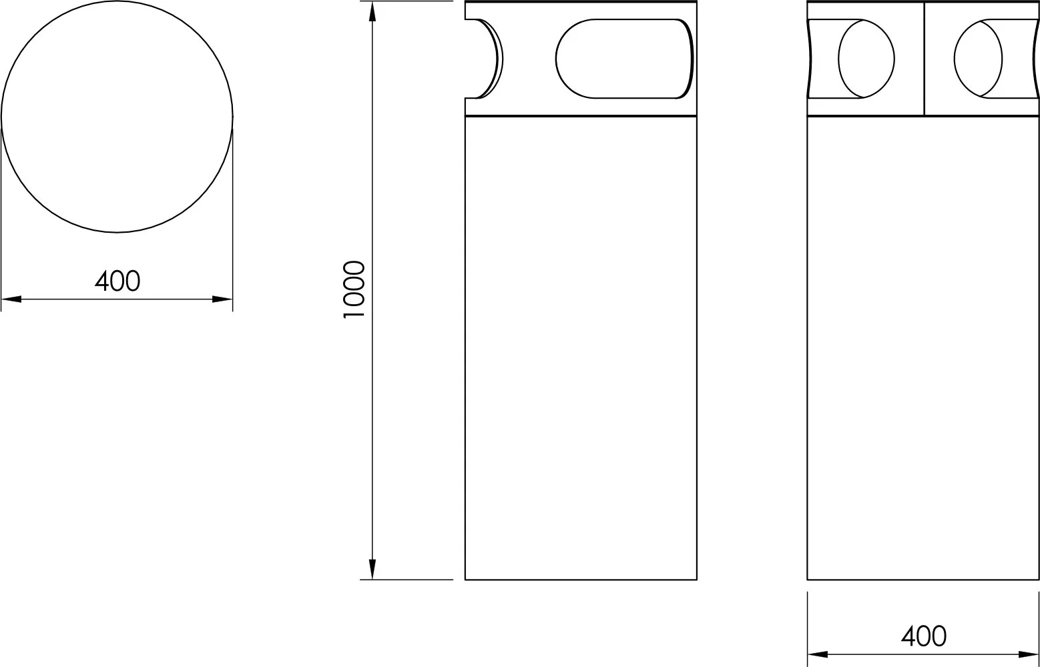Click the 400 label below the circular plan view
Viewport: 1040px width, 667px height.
click(x=117, y=281)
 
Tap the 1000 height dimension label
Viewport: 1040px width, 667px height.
click(x=354, y=289)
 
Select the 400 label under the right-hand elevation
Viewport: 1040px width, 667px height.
click(x=923, y=636)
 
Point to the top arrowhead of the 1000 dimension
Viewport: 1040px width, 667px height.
click(x=372, y=11)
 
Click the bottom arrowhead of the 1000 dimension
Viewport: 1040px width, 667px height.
click(x=372, y=569)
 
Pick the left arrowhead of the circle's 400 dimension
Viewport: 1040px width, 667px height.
click(x=11, y=299)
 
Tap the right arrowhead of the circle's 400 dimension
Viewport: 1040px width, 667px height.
click(x=222, y=299)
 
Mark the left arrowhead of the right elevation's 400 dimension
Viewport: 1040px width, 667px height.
click(x=818, y=654)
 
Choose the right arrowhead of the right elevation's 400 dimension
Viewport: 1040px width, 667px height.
click(x=1029, y=654)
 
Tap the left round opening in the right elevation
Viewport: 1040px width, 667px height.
click(x=866, y=59)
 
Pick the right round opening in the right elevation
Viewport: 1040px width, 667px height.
click(x=979, y=59)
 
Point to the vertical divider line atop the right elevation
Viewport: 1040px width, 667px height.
click(x=924, y=59)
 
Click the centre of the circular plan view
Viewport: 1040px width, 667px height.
click(x=117, y=117)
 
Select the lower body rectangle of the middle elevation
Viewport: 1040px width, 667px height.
click(x=581, y=347)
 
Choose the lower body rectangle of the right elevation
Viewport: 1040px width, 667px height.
click(x=923, y=347)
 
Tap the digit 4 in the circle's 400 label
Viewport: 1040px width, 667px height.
click(x=102, y=281)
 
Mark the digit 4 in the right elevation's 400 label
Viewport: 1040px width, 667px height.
click(x=908, y=636)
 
